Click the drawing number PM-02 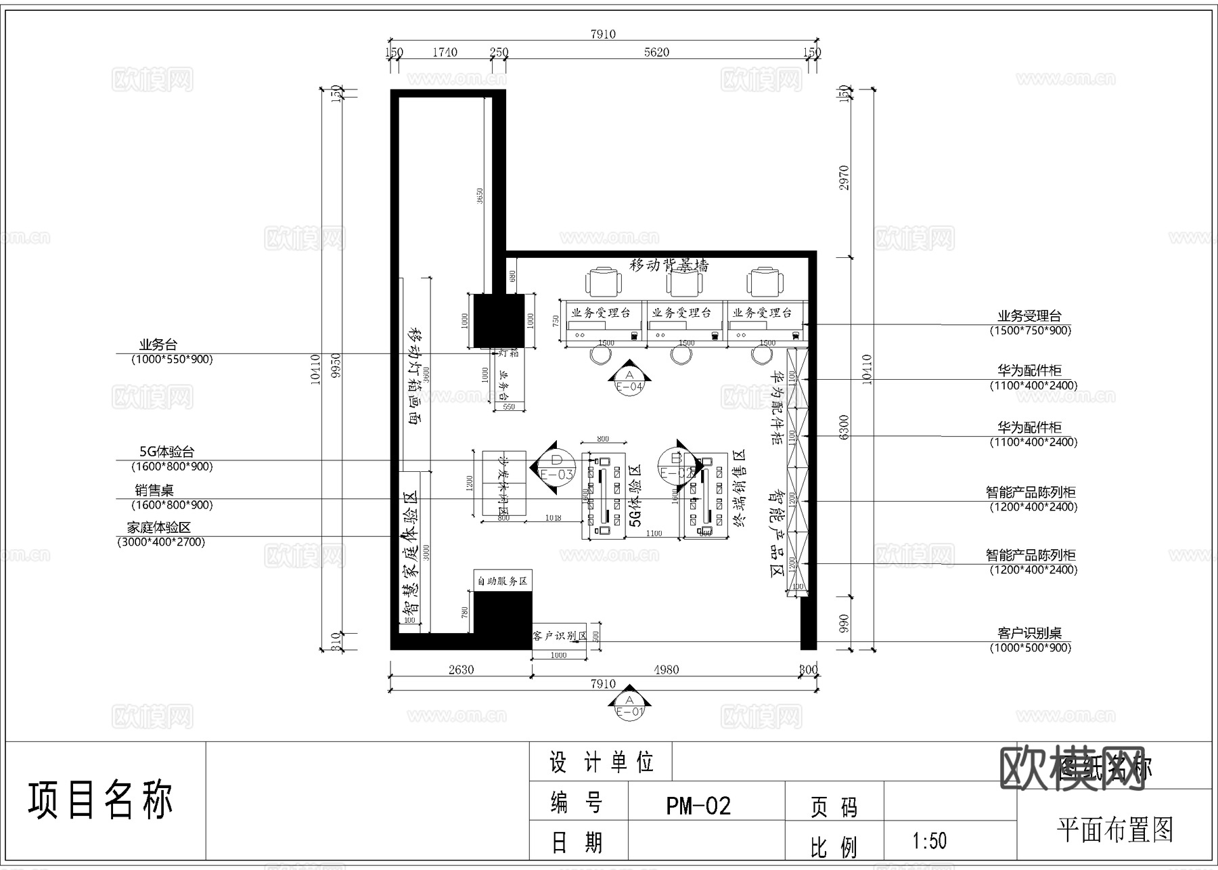coord(698,806)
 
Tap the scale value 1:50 coord(929,841)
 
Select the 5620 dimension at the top coord(656,52)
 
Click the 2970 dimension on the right coord(844,177)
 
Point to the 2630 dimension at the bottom coord(461,669)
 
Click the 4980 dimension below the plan coord(666,669)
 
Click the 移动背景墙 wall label coord(669,265)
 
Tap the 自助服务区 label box coord(502,580)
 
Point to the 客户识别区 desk coord(559,636)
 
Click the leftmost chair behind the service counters coord(604,282)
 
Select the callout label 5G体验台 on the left coord(167,452)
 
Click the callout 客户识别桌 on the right coord(1029,632)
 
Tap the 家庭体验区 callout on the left coord(159,527)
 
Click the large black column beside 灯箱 coord(499,320)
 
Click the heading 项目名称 coord(100,800)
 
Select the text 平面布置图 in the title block coord(1114,829)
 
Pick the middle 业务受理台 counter coord(681,313)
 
